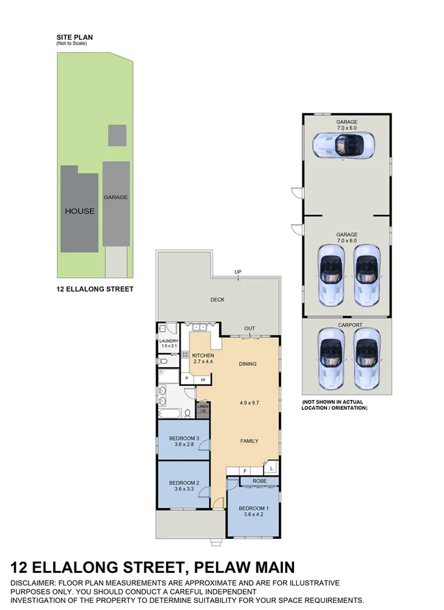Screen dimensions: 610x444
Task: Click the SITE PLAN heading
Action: tap(75, 38)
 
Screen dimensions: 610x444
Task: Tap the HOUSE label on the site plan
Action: tap(79, 211)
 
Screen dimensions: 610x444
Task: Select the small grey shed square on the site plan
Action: tap(117, 135)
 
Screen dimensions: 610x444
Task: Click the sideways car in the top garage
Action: tap(344, 145)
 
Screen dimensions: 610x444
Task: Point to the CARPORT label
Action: tap(347, 325)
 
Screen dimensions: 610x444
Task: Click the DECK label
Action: tap(217, 300)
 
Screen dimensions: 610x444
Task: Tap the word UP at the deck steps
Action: tap(238, 271)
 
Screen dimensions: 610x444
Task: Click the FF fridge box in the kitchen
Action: tap(204, 379)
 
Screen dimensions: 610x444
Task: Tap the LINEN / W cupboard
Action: tap(203, 408)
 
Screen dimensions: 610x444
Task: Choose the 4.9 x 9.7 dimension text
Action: tap(249, 403)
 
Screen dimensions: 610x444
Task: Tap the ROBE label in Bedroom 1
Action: tap(259, 481)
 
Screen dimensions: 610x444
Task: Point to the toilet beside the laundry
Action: tap(162, 362)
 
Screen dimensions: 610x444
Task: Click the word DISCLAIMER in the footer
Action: tap(36, 582)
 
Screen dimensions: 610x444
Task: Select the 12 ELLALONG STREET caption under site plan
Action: tap(94, 288)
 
